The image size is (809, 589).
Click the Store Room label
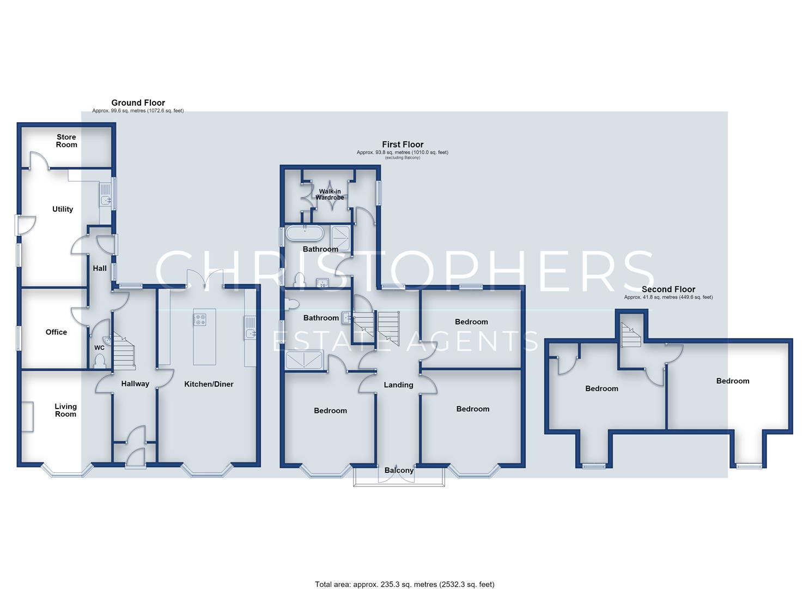pyautogui.click(x=66, y=141)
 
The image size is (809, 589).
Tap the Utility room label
pyautogui.click(x=63, y=209)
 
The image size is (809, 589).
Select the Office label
pyautogui.click(x=56, y=332)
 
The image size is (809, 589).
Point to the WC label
pyautogui.click(x=99, y=348)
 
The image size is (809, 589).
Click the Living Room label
pyautogui.click(x=65, y=410)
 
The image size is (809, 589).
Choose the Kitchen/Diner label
pyautogui.click(x=209, y=384)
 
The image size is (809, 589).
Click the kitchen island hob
pyautogui.click(x=200, y=319)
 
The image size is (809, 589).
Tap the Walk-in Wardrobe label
pyautogui.click(x=330, y=195)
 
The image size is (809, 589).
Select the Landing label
pyautogui.click(x=398, y=384)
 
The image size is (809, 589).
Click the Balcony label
pyautogui.click(x=399, y=470)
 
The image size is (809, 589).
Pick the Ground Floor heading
pyautogui.click(x=138, y=103)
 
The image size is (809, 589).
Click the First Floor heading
pyautogui.click(x=403, y=145)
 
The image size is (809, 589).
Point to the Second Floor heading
pyautogui.click(x=668, y=289)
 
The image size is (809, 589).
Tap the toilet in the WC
pyautogui.click(x=99, y=361)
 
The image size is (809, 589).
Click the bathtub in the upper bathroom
pyautogui.click(x=305, y=233)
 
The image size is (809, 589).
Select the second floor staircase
pyautogui.click(x=631, y=334)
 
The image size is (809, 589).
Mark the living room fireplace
pyautogui.click(x=27, y=417)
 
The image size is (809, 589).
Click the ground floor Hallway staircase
pyautogui.click(x=124, y=351)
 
